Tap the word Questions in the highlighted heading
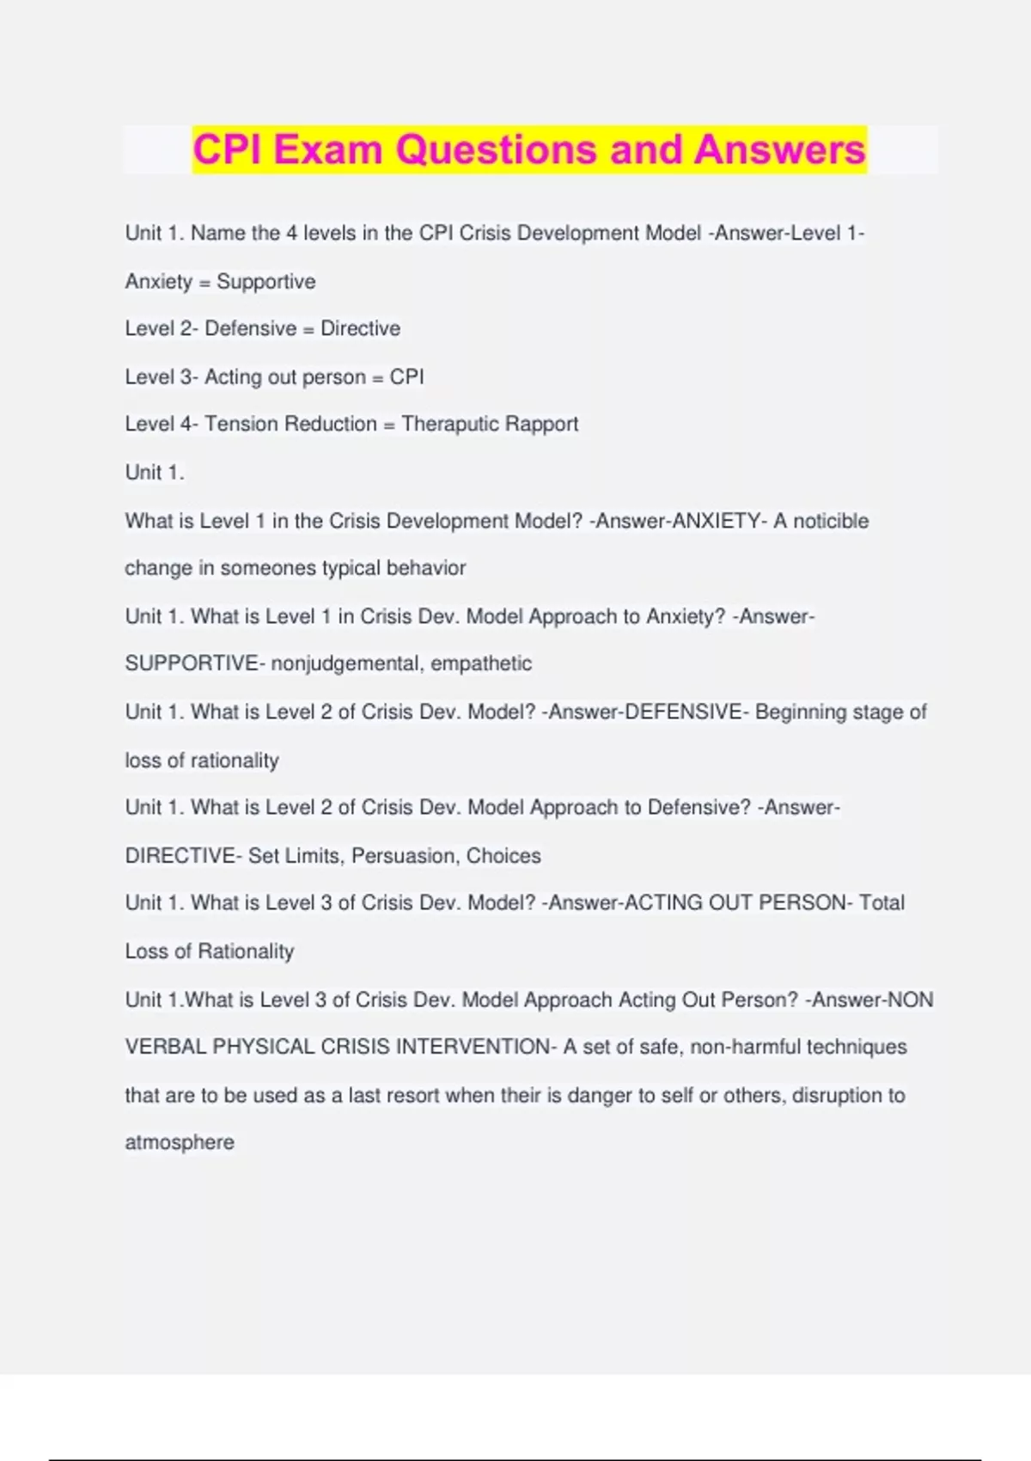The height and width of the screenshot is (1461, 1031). click(x=496, y=150)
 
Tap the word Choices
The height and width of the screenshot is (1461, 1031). click(x=503, y=856)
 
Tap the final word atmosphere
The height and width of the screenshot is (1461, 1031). click(x=180, y=1143)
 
